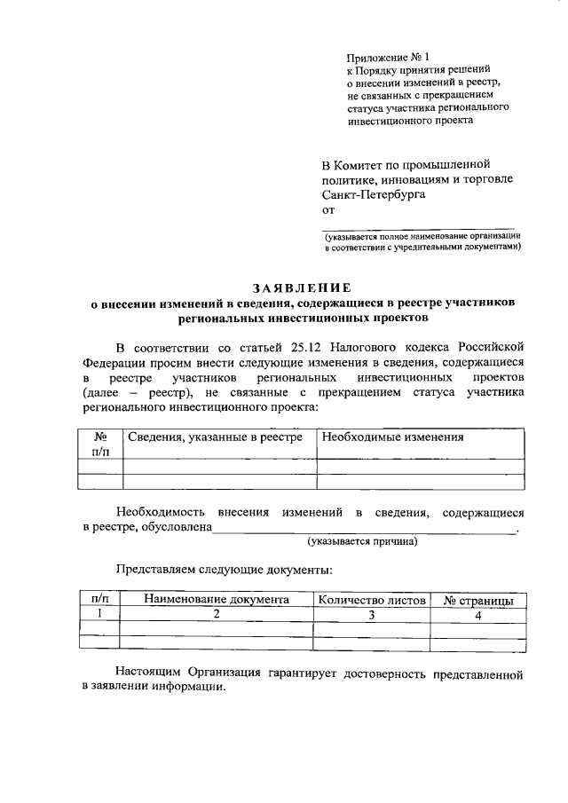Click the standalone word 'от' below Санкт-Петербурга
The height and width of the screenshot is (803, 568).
tap(327, 209)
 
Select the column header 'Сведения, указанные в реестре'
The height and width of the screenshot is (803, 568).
tap(216, 437)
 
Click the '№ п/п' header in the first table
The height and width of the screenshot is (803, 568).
tap(100, 444)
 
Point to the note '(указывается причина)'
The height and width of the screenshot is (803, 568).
tap(362, 540)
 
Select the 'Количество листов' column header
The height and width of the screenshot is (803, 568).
tap(371, 600)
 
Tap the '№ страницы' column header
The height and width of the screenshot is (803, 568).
tap(477, 601)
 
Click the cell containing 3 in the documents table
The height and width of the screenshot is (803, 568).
tap(371, 614)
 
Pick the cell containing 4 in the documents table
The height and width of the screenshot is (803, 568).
tap(477, 614)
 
